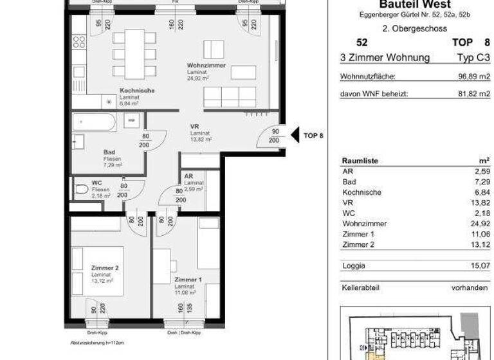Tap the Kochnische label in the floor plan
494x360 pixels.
click(x=137, y=91)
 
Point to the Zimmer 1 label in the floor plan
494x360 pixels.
click(x=187, y=280)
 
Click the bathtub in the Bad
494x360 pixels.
click(x=94, y=122)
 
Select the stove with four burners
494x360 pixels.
click(x=78, y=42)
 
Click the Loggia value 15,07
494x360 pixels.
click(x=479, y=264)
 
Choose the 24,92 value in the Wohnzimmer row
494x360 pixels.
click(x=479, y=224)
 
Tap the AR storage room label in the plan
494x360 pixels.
click(x=188, y=175)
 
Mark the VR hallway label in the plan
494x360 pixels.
click(x=193, y=127)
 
